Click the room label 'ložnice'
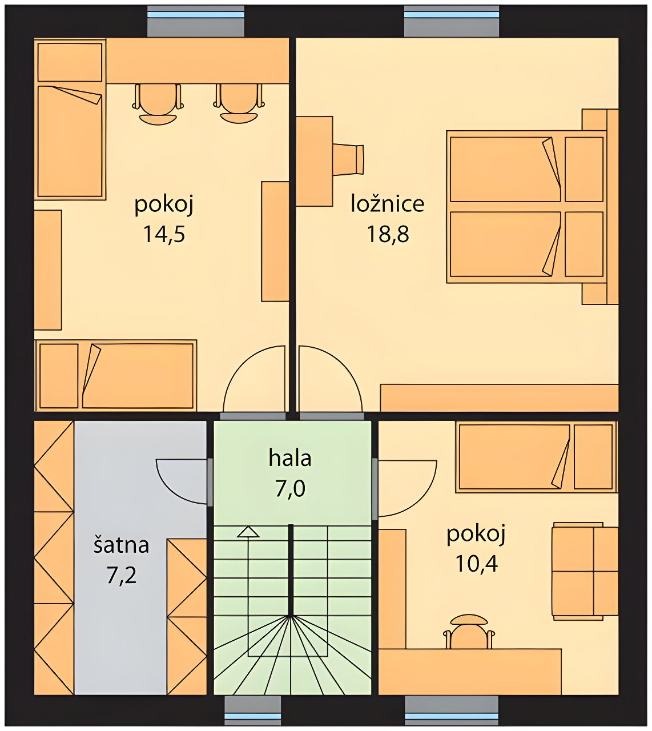388,203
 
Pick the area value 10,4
476,564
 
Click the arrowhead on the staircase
248,532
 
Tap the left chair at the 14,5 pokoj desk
158,104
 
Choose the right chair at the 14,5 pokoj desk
239,104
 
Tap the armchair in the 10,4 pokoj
585,571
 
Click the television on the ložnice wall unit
348,160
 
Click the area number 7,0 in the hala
290,488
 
